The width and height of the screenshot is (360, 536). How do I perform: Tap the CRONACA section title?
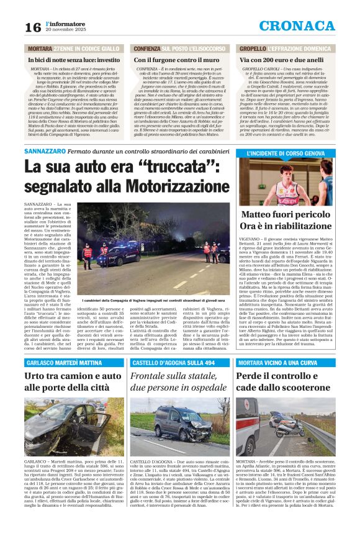[x=305, y=25]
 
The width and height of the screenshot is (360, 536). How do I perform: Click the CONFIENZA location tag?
[x=146, y=48]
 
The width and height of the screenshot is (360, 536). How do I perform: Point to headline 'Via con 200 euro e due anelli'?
[x=281, y=60]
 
